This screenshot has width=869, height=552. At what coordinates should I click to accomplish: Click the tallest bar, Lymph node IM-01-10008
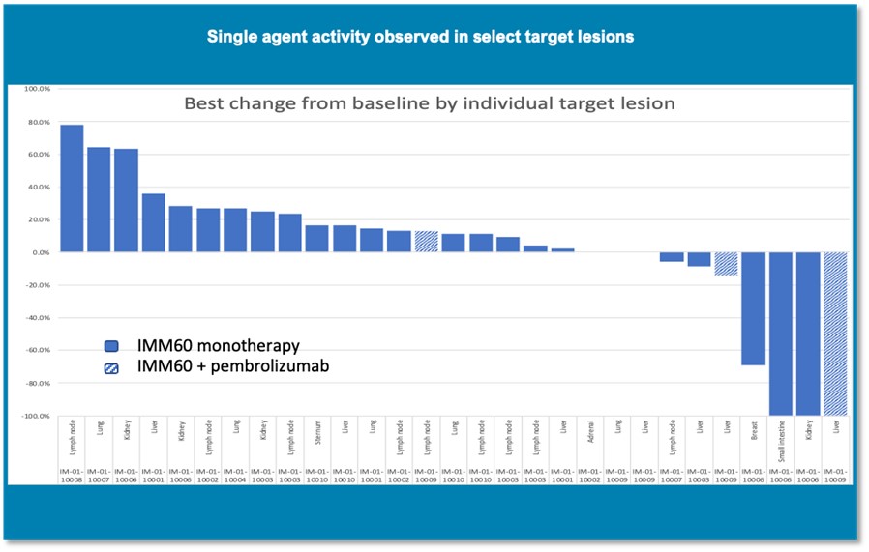(72, 189)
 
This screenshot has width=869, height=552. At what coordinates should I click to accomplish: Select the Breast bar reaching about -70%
(753, 308)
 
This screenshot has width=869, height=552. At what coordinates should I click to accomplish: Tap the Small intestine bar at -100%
(781, 334)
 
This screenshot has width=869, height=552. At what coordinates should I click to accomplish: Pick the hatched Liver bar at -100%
(835, 334)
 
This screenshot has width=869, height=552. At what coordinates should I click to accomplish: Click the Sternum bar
(317, 239)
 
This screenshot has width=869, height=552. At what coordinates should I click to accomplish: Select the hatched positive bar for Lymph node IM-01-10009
(426, 242)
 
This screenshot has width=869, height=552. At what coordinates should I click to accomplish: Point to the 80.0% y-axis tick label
(37, 122)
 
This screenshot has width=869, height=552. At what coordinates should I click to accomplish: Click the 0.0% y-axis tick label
(39, 252)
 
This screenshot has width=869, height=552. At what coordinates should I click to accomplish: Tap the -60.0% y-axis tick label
(36, 350)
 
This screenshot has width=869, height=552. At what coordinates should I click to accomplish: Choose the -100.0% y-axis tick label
(34, 416)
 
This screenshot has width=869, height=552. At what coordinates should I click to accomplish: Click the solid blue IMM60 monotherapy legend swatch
(111, 346)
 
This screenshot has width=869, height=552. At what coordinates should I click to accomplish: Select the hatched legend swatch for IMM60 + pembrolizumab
(111, 366)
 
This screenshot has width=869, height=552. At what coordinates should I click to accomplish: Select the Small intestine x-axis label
(781, 436)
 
